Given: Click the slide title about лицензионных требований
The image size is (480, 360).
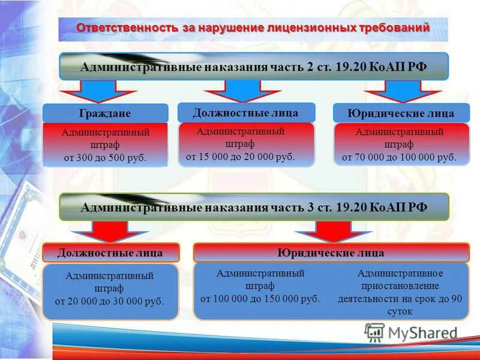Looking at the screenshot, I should click(253, 28).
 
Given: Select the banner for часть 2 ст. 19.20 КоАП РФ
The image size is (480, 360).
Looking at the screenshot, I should click(253, 67).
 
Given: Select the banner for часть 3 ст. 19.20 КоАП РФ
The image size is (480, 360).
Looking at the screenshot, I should click(253, 207).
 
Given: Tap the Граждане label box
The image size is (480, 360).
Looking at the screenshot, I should click(105, 113).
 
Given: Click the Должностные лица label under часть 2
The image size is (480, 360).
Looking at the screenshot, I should click(245, 112).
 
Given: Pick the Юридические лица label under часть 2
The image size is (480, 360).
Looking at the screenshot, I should click(401, 113).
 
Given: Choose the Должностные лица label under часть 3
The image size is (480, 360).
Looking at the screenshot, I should click(110, 253).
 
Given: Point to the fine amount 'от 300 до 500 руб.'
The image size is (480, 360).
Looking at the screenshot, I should click(105, 158).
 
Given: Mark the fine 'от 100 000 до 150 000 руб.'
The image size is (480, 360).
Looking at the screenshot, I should click(260, 298).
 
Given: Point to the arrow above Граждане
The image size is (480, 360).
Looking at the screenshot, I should click(98, 91).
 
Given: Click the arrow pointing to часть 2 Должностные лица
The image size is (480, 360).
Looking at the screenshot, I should click(242, 91).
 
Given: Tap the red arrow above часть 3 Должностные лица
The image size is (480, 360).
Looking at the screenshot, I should click(109, 231).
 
